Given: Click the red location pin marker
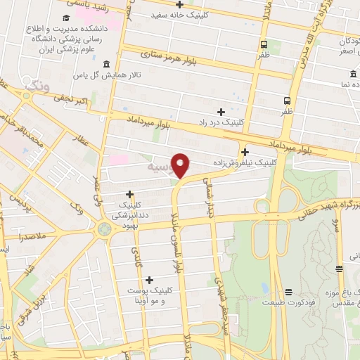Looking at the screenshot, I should click(x=181, y=166).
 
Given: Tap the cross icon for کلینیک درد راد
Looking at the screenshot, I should click(x=221, y=112).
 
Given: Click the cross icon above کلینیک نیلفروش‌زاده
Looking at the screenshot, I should click(x=244, y=152).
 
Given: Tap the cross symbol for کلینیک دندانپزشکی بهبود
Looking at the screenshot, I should click(x=129, y=194).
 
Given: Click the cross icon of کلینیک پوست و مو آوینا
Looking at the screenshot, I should click(x=149, y=280).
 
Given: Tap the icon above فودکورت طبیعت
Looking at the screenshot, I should click(x=288, y=292).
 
